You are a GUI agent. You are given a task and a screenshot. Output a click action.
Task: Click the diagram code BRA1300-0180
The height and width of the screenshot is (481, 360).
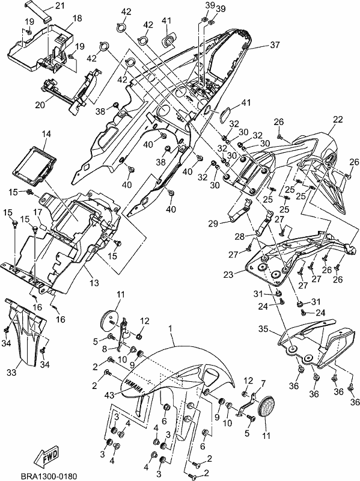[x=49, y=476]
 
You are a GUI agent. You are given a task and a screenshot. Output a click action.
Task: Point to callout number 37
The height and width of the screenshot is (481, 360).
[x=275, y=44]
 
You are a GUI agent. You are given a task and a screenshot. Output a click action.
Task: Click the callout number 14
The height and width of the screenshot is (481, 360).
[x=47, y=133]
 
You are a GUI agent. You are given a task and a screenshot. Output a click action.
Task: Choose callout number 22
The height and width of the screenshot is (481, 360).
[x=338, y=119]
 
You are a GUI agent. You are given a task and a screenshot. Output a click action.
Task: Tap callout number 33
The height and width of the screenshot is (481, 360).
[x=11, y=372]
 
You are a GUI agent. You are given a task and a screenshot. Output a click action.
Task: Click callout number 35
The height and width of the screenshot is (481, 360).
[x=263, y=329]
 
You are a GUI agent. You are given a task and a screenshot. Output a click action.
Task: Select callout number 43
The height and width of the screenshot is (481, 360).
[x=109, y=395]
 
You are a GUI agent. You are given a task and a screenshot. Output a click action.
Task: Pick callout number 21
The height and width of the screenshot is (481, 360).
[x=60, y=5]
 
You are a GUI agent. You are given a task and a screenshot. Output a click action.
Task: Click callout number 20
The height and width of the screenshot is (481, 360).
[x=40, y=105]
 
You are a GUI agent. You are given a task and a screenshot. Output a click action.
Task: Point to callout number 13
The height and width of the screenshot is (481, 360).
[x=94, y=283]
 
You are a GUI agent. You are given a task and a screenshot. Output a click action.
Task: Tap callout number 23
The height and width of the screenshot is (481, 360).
[x=228, y=274]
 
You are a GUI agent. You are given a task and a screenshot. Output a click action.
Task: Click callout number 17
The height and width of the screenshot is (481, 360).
[x=37, y=212]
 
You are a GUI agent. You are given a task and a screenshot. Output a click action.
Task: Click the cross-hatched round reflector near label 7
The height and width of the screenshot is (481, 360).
[x=266, y=407]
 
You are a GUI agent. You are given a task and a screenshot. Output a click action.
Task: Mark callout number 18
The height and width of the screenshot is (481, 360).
[x=78, y=18]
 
